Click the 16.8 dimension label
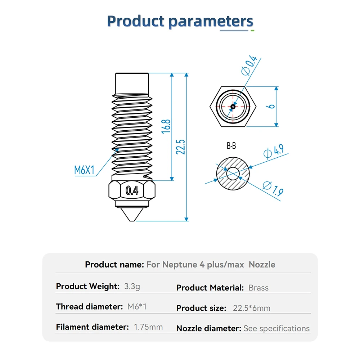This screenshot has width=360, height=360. [166, 126]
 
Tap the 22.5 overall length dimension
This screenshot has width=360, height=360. [180, 147]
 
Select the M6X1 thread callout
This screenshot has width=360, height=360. [84, 170]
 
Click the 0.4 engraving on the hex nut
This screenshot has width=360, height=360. [132, 190]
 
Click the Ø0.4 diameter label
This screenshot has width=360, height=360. [249, 65]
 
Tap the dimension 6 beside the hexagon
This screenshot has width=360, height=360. [271, 106]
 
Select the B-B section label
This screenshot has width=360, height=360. [231, 146]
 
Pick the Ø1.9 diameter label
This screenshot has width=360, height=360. [273, 189]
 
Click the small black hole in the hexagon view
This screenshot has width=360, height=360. [233, 107]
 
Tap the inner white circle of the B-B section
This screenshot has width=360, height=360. [233, 174]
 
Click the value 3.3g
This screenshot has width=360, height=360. [132, 286]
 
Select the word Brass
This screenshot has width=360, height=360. [258, 288]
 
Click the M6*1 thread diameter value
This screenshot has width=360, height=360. [137, 306]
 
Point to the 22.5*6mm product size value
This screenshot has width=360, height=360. [252, 308]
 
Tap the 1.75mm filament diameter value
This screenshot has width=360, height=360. [148, 327]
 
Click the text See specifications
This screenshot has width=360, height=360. [276, 329]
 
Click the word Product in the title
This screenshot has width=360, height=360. [136, 21]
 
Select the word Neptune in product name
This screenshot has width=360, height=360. [180, 265]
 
